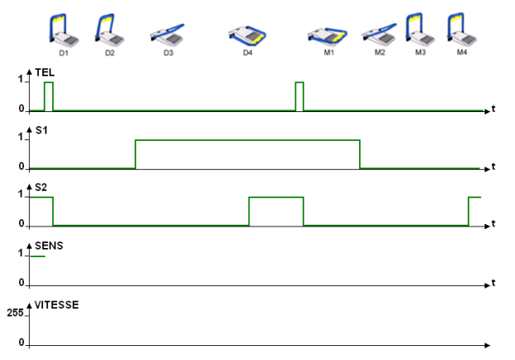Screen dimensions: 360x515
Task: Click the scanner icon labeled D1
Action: point(63,32)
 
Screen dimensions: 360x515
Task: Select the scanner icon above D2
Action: point(109,32)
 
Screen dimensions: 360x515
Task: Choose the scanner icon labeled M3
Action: point(419,29)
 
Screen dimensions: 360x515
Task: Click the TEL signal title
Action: point(45,73)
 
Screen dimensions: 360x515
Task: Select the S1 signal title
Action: point(43,130)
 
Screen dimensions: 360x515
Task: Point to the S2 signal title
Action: point(43,187)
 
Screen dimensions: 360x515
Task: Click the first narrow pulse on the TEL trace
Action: point(49,95)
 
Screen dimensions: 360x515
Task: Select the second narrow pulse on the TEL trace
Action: point(299,95)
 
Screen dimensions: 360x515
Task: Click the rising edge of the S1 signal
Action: point(135,154)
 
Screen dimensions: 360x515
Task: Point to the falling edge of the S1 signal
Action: point(360,154)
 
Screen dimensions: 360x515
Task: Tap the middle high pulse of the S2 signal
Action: point(276,197)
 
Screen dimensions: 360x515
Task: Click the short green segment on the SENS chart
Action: point(36,256)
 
